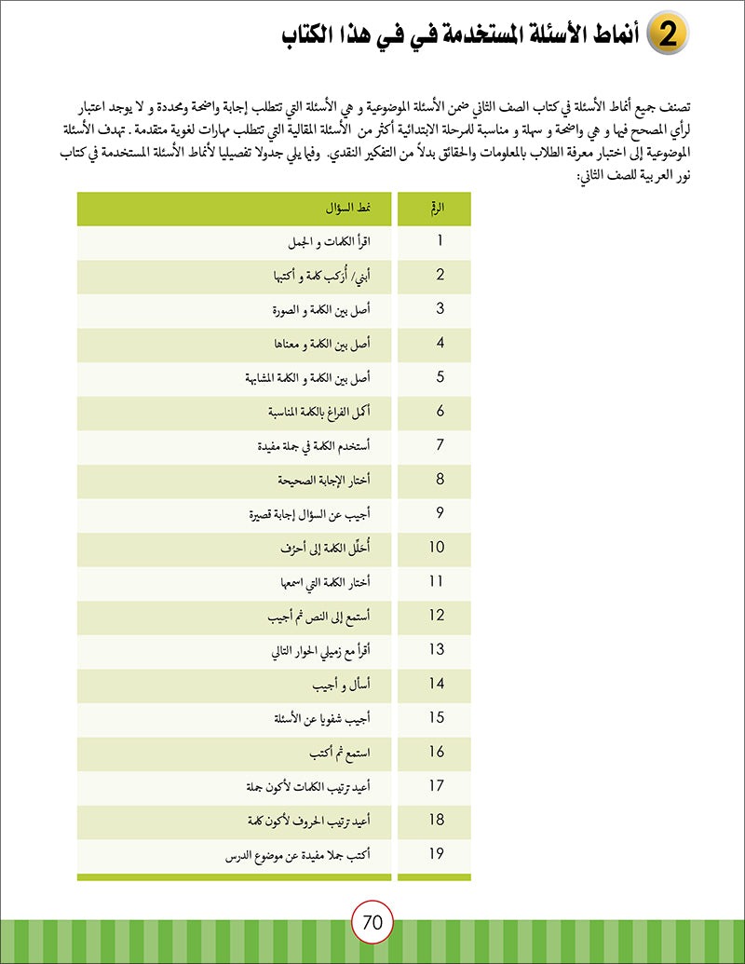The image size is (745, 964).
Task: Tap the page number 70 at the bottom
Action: point(372,923)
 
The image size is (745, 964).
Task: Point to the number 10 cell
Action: point(439,548)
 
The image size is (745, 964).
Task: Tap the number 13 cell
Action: point(439,650)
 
